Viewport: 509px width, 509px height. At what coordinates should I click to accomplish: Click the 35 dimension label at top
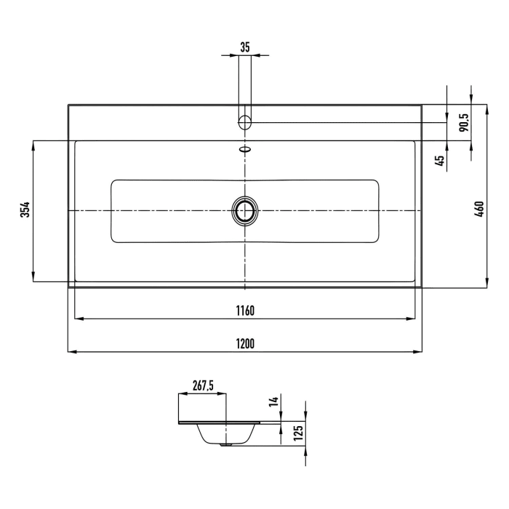pyautogui.click(x=245, y=47)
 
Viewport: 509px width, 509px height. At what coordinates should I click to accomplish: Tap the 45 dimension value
pyautogui.click(x=440, y=161)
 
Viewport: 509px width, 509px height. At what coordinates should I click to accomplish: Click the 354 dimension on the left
pyautogui.click(x=25, y=210)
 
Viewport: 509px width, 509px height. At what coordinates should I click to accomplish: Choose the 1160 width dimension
pyautogui.click(x=245, y=311)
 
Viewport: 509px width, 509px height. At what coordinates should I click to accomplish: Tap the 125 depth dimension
pyautogui.click(x=297, y=435)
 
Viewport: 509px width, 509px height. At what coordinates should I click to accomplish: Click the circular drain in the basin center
pyautogui.click(x=245, y=211)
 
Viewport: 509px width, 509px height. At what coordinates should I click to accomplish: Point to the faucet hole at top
pyautogui.click(x=245, y=121)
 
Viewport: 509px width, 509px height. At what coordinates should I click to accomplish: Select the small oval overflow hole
pyautogui.click(x=245, y=151)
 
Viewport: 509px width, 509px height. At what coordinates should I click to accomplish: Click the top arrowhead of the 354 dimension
pyautogui.click(x=33, y=144)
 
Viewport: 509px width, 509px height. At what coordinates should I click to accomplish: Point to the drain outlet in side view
pyautogui.click(x=231, y=444)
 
